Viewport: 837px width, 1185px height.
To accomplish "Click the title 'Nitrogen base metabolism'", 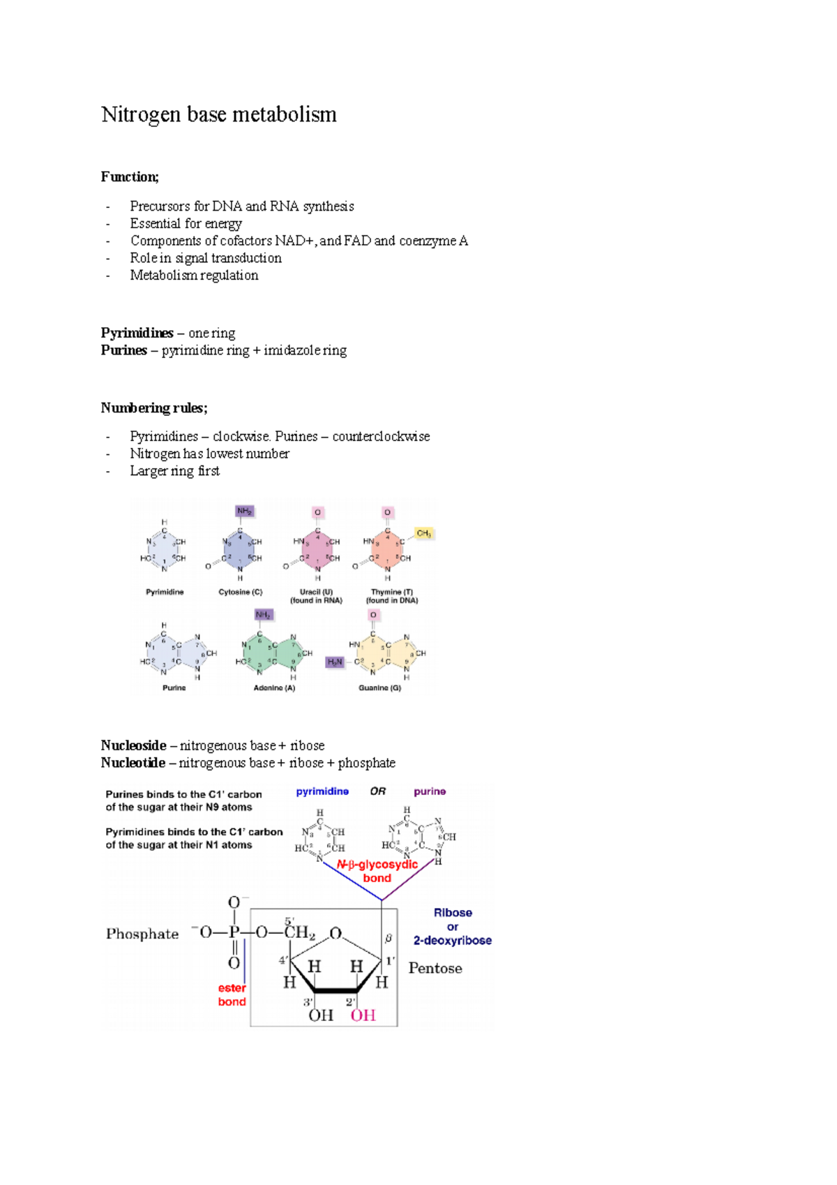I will (x=218, y=114).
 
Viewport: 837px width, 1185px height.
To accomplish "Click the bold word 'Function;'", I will (x=130, y=177).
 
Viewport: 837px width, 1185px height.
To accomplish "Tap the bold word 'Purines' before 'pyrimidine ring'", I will (x=123, y=350).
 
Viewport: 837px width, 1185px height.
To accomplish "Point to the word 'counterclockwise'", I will (x=381, y=437).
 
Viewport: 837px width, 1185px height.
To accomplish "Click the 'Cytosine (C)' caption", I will (x=240, y=592).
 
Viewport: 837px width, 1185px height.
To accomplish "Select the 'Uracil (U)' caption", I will (x=316, y=592).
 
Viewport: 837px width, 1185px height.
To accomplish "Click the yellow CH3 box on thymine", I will (x=423, y=534).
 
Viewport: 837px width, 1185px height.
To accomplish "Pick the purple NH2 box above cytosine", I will (x=244, y=511).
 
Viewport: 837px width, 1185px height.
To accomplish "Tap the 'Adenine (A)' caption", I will (x=274, y=688).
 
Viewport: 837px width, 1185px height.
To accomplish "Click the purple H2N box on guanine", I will (x=335, y=662).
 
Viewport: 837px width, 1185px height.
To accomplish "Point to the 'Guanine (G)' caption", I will (x=379, y=688).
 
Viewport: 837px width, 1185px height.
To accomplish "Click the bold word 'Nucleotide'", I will (x=133, y=763).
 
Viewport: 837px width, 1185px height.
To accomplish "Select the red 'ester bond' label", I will (x=232, y=995).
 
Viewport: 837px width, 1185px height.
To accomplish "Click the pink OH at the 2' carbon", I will (x=363, y=1015).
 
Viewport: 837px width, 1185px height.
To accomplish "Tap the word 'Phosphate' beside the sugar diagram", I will (x=142, y=934).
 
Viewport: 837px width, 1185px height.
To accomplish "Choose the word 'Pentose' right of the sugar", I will (x=435, y=969).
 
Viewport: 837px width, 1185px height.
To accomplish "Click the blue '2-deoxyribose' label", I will (x=452, y=941).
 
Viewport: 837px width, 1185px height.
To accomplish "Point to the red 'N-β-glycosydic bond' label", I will (x=377, y=871).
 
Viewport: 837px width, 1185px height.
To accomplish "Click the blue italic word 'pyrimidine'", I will (x=322, y=791).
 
